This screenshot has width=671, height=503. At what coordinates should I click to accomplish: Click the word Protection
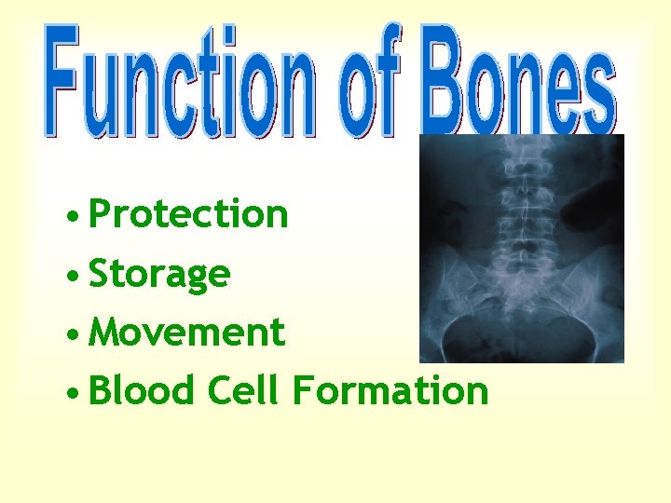click(189, 214)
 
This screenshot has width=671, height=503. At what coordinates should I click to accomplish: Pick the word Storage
click(159, 274)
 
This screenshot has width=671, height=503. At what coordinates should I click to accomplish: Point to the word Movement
click(187, 332)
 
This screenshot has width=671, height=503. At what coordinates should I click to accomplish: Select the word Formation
click(390, 390)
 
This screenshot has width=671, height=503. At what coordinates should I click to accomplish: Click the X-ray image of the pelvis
click(521, 250)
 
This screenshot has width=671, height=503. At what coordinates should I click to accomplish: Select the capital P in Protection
click(102, 214)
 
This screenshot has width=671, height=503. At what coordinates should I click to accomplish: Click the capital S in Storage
click(100, 274)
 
